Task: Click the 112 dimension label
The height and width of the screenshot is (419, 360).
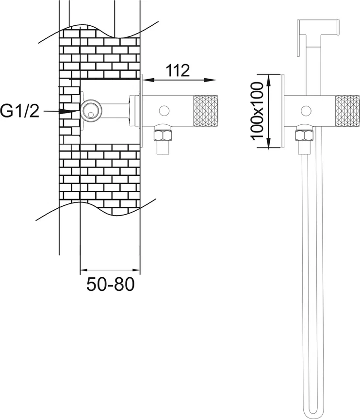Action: click(x=178, y=70)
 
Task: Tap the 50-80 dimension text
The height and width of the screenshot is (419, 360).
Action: click(x=110, y=284)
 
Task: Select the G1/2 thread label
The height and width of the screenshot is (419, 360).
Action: click(x=19, y=111)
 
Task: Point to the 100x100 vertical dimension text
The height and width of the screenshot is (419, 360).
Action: click(x=258, y=111)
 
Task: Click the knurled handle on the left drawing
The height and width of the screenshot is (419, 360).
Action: click(x=205, y=111)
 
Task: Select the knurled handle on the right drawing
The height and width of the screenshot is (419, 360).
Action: click(x=347, y=111)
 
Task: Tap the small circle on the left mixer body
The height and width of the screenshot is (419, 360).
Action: click(x=164, y=111)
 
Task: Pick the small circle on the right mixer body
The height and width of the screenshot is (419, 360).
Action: click(x=306, y=111)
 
